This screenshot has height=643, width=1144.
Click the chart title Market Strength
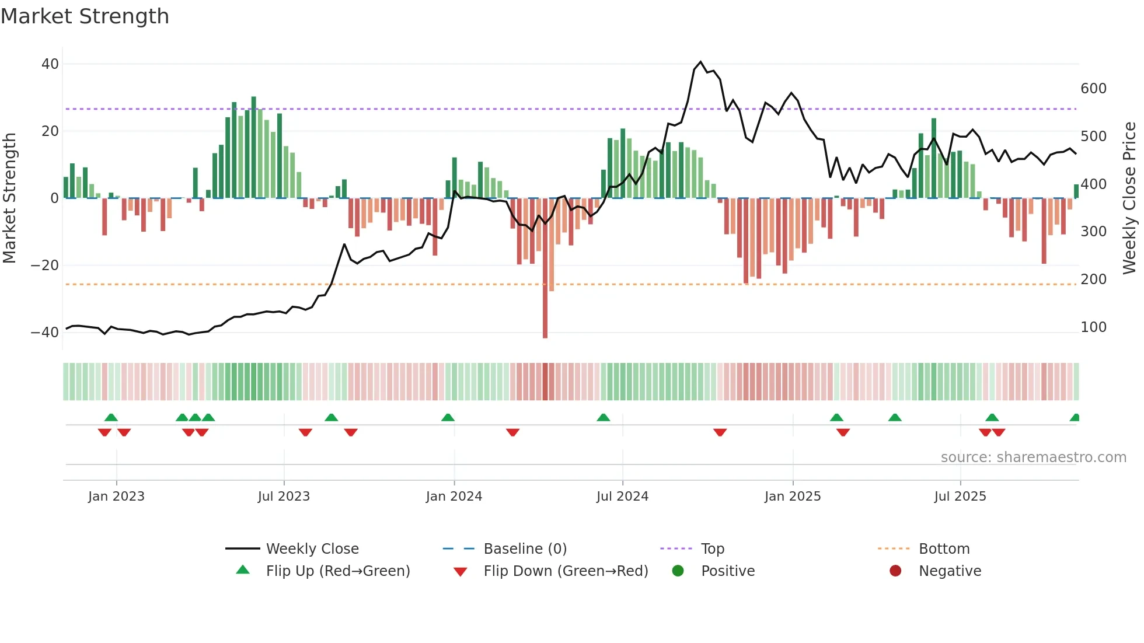[x=85, y=16]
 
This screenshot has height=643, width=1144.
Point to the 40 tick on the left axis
[x=50, y=64]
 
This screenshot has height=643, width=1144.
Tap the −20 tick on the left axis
[x=45, y=265]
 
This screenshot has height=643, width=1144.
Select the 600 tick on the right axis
[x=1093, y=89]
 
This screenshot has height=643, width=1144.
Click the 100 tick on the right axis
[x=1093, y=327]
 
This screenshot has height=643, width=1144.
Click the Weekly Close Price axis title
[x=1129, y=198]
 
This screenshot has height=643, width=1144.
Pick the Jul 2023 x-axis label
[x=284, y=497]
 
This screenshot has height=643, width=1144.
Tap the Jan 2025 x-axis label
[x=792, y=497]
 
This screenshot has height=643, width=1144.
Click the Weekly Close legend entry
[x=312, y=549]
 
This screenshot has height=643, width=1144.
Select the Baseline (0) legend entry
[x=525, y=549]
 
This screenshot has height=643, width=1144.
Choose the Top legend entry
[x=712, y=549]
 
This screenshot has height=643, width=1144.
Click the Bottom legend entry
[x=944, y=549]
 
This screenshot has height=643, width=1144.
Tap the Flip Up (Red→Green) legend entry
[x=337, y=571]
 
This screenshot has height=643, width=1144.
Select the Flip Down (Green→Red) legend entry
[x=565, y=571]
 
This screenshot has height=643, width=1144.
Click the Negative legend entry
[x=950, y=571]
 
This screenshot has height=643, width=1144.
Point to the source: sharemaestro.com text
[x=1033, y=457]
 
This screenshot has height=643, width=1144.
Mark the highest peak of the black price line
[x=700, y=62]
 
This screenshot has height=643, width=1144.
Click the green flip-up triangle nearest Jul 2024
[x=604, y=418]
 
